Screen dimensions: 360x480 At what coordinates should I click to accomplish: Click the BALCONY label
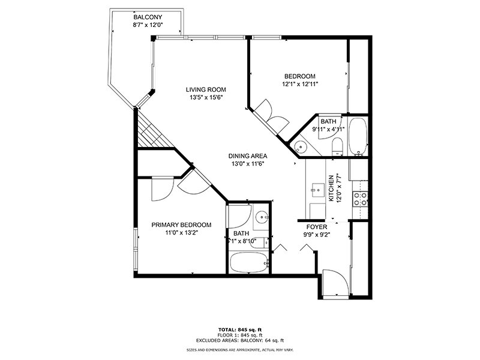point(147,17)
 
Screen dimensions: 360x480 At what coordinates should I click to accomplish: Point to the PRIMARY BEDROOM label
point(181,225)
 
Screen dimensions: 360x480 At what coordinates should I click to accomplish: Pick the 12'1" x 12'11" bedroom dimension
point(299,84)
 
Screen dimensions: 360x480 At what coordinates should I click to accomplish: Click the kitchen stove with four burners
point(361,199)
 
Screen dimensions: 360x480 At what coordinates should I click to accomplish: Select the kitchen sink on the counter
point(317,191)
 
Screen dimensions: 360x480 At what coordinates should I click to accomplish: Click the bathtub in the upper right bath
point(358,136)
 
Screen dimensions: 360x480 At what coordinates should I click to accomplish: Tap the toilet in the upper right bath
point(337,146)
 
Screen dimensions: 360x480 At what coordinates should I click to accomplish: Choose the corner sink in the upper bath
point(298,145)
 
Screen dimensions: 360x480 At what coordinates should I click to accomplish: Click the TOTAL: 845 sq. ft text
point(239,329)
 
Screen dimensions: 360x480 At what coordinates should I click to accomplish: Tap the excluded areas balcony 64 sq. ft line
point(239,340)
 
